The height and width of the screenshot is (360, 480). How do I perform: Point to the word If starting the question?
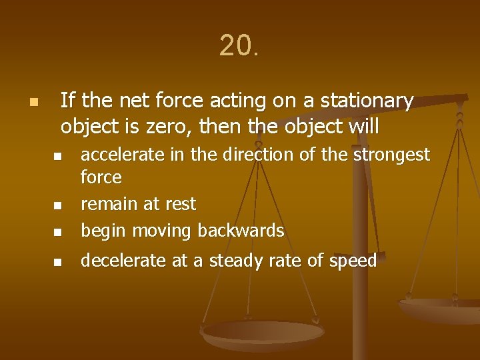(x=66, y=101)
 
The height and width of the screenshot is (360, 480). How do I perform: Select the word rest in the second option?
(x=181, y=204)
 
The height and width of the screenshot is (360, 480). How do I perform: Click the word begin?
(x=103, y=231)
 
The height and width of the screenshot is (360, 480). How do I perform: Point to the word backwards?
(x=241, y=231)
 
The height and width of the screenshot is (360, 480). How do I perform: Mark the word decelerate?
(x=123, y=261)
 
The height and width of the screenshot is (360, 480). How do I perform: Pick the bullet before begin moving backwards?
(x=57, y=233)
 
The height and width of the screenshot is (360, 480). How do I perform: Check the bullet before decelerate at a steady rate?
(x=57, y=263)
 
